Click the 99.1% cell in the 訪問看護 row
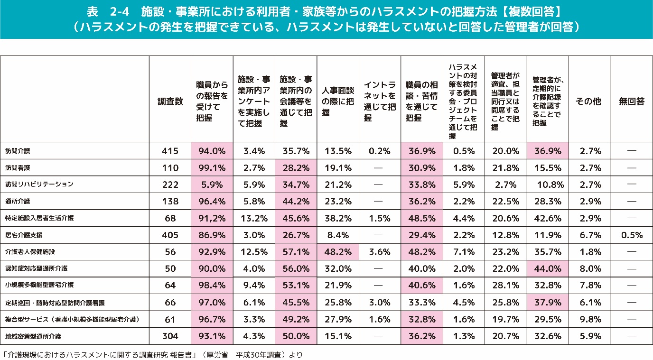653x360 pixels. tap(212, 168)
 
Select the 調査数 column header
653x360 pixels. tap(170, 102)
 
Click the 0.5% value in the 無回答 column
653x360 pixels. tap(631, 235)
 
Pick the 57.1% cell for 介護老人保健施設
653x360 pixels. tap(296, 252)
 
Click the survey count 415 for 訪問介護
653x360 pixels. tap(170, 151)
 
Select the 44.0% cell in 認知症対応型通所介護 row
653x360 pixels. tap(547, 268)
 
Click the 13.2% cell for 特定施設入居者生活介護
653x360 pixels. tap(253, 218)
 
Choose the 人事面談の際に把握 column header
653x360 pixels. tap(337, 101)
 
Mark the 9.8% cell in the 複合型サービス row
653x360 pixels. tap(589, 319)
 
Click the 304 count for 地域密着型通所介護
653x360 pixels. tap(170, 336)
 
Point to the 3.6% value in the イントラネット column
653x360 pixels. tap(379, 252)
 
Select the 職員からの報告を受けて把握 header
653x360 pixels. tap(212, 101)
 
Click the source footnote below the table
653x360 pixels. tap(152, 354)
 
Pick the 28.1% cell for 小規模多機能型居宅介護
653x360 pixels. tap(505, 285)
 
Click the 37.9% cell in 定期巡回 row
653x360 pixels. tap(547, 302)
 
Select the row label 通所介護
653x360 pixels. tap(19, 201)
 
